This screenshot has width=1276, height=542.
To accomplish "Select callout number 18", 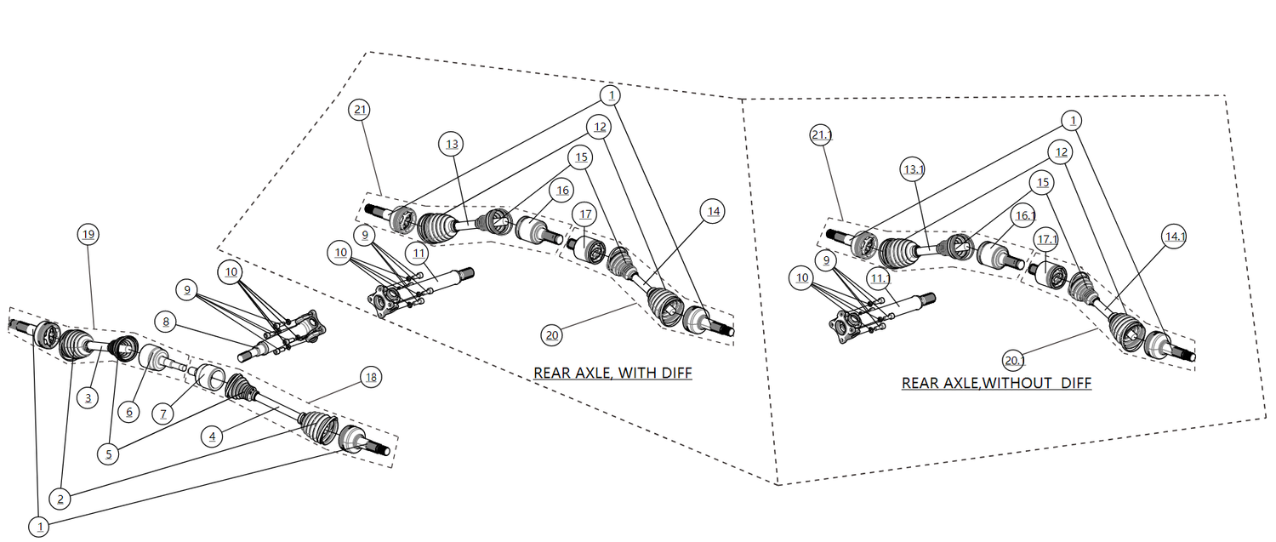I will click(x=370, y=378).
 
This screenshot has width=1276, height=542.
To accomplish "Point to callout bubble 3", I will click(x=88, y=398).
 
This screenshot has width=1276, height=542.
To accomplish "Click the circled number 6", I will click(x=129, y=412).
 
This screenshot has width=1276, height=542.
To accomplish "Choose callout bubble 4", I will click(x=213, y=436).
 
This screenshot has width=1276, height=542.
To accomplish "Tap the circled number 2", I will click(x=60, y=498).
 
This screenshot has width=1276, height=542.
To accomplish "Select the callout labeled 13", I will click(x=452, y=145).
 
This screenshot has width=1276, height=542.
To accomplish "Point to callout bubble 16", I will click(x=561, y=191).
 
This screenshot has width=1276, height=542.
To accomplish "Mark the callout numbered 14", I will click(x=712, y=211).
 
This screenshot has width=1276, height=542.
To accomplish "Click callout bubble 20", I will click(x=551, y=335).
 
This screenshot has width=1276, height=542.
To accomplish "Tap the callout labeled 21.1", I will click(x=822, y=135).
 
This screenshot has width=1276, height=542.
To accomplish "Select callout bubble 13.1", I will click(x=913, y=170).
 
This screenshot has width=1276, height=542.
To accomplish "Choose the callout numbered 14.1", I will click(x=1175, y=237).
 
